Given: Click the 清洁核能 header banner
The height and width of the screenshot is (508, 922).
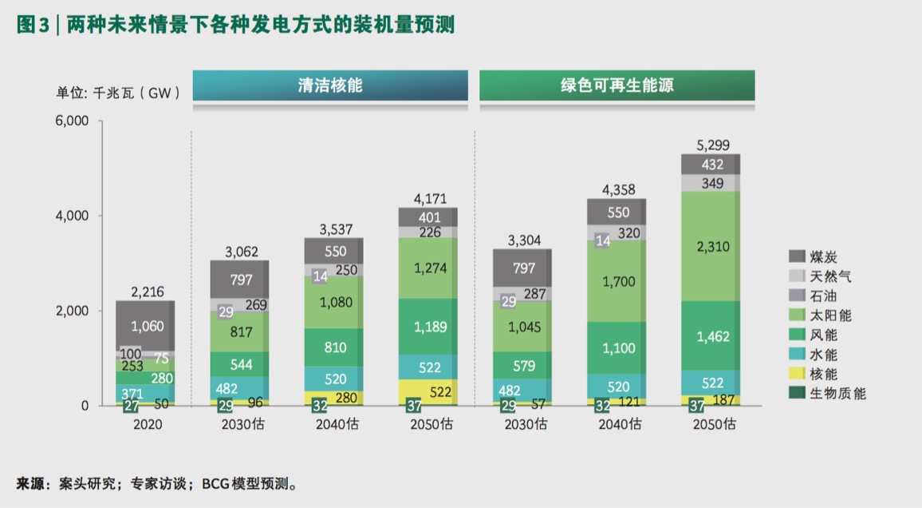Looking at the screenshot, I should pos(329,85).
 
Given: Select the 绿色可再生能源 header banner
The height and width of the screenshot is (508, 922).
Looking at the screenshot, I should pos(617,85).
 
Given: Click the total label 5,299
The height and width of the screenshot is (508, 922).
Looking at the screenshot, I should pos(711,145).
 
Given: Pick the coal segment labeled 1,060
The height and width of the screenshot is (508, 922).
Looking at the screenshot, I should pos(145,326).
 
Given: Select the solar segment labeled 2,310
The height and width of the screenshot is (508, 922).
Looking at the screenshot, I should pos(711,247).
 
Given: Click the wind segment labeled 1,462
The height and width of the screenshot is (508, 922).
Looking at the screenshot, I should pos(711,336).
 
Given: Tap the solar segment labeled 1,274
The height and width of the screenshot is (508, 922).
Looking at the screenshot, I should pos(428,268).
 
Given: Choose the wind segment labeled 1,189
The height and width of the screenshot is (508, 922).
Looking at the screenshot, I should pos(428,327).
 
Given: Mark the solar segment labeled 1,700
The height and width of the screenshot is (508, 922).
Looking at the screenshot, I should pos(616,281).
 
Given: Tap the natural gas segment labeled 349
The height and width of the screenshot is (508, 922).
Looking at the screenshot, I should pos(711,183).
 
